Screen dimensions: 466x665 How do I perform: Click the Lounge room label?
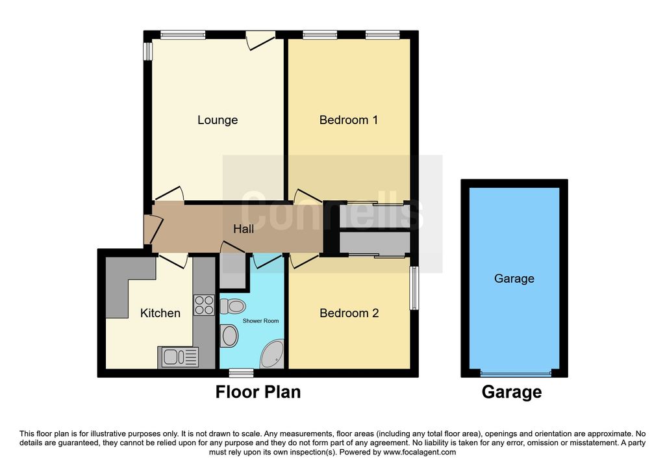[218, 120]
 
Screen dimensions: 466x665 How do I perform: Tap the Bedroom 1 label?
[349, 120]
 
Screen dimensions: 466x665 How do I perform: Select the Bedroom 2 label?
[349, 313]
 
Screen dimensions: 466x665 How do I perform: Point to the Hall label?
[244, 229]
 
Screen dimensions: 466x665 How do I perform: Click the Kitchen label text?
[160, 313]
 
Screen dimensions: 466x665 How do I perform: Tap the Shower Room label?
[260, 321]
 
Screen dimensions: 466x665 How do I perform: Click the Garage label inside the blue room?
[514, 279]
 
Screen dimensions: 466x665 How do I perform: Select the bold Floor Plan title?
[258, 393]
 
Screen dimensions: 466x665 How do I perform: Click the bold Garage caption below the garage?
[511, 393]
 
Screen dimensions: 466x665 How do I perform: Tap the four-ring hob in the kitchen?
[204, 305]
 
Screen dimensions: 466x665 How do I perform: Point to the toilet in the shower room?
[232, 305]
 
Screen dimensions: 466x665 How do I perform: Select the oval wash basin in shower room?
[229, 336]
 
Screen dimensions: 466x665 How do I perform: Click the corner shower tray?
[271, 356]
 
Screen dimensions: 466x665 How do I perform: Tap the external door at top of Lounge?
[260, 39]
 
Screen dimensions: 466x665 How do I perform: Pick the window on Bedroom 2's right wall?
[414, 288]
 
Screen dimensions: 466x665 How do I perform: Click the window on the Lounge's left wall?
[147, 51]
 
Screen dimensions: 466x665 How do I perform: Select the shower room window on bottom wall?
[242, 372]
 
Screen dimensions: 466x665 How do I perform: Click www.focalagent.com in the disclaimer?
[420, 452]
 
